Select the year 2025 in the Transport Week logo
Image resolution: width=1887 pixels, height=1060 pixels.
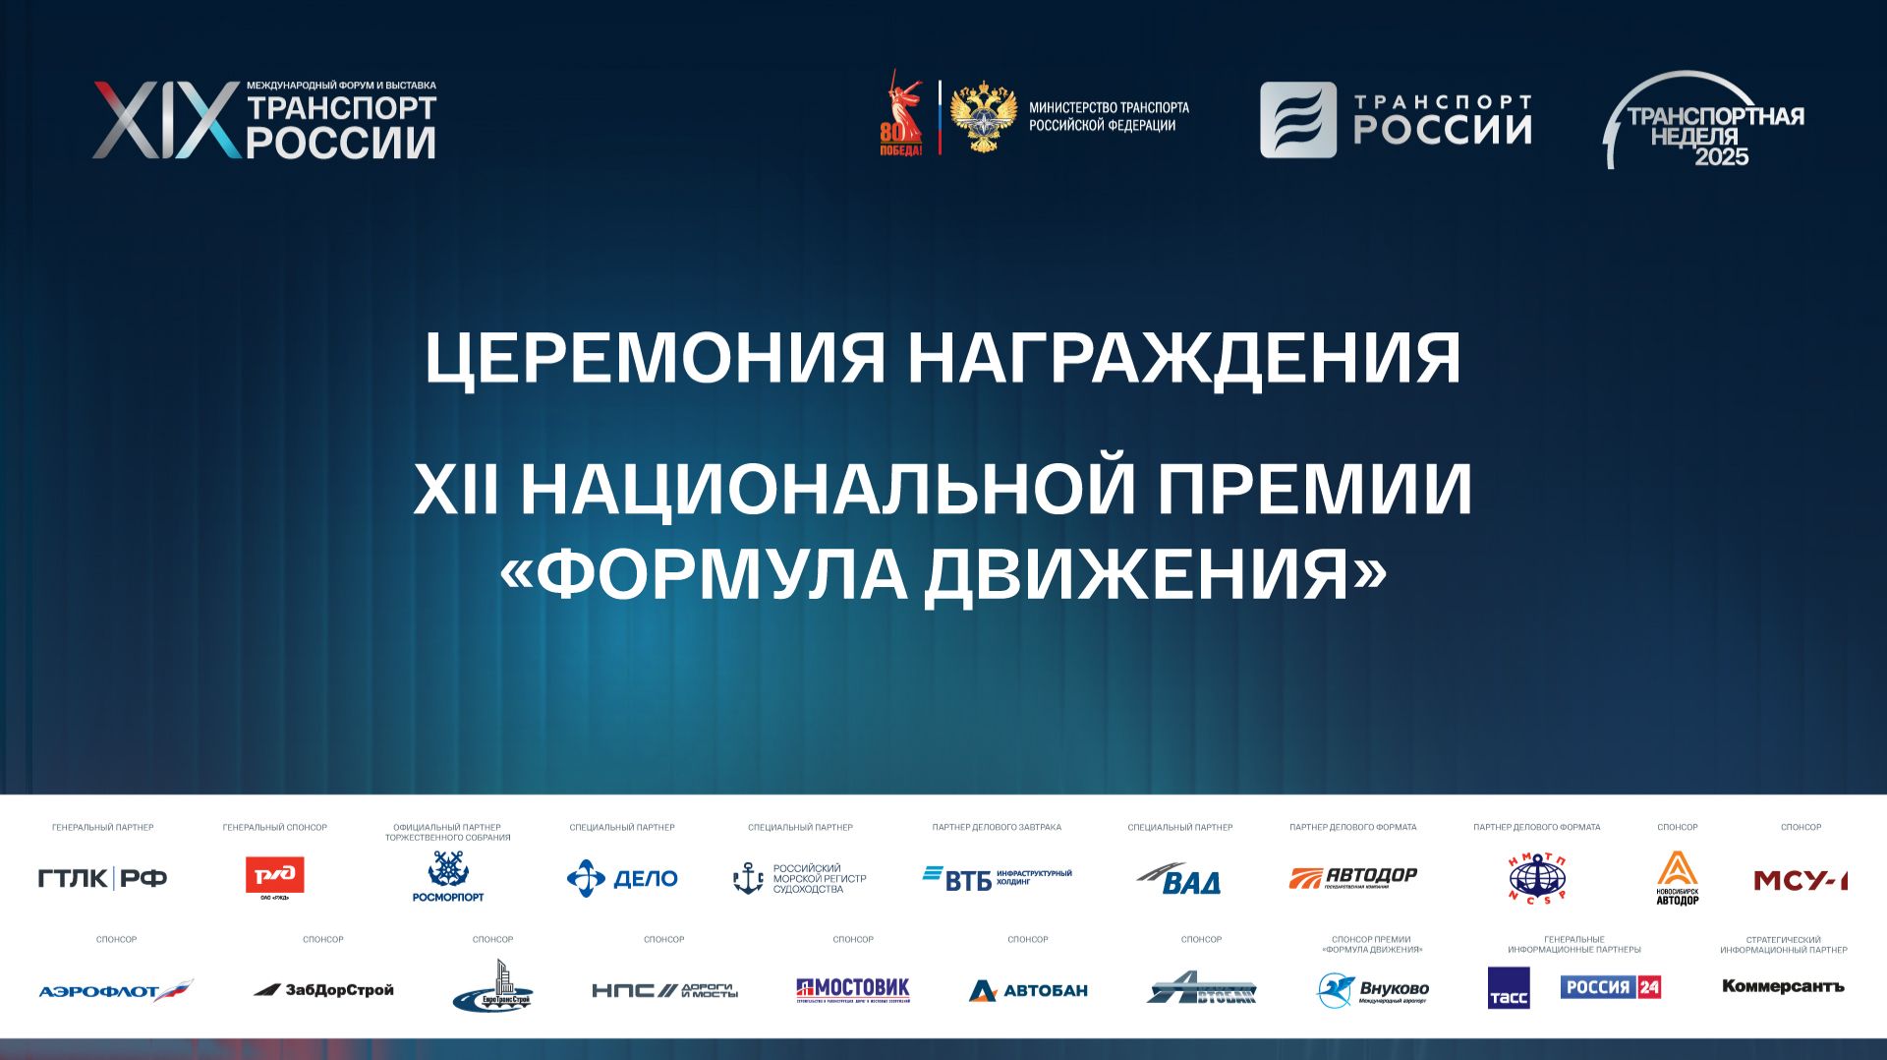pyautogui.click(x=1721, y=156)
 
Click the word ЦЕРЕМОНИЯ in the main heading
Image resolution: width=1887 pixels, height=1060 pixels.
pyautogui.click(x=655, y=358)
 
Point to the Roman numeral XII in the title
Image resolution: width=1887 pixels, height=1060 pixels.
pyautogui.click(x=455, y=489)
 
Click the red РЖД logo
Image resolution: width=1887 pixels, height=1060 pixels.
pyautogui.click(x=274, y=875)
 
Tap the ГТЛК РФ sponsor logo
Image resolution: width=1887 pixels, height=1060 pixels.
pyautogui.click(x=102, y=878)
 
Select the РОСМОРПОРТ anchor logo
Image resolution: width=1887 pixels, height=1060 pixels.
pyautogui.click(x=448, y=875)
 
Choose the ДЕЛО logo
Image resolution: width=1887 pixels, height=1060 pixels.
pyautogui.click(x=622, y=878)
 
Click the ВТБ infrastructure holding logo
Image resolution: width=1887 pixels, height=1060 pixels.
pyautogui.click(x=997, y=878)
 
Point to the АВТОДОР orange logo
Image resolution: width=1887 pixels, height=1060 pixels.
pyautogui.click(x=1353, y=877)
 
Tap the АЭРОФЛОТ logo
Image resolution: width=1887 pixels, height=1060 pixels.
pyautogui.click(x=116, y=990)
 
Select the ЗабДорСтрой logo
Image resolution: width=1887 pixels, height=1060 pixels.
pyautogui.click(x=323, y=989)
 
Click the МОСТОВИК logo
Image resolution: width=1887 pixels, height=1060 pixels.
pyautogui.click(x=853, y=989)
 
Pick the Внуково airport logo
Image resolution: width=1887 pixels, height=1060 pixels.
pyautogui.click(x=1372, y=990)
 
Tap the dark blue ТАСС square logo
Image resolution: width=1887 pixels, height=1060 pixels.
pyautogui.click(x=1509, y=988)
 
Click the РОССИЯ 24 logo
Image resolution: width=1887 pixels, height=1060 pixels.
pyautogui.click(x=1611, y=986)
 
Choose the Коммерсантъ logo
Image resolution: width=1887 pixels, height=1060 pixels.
pyautogui.click(x=1783, y=986)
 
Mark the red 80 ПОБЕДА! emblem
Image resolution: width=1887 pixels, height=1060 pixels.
pyautogui.click(x=900, y=116)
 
